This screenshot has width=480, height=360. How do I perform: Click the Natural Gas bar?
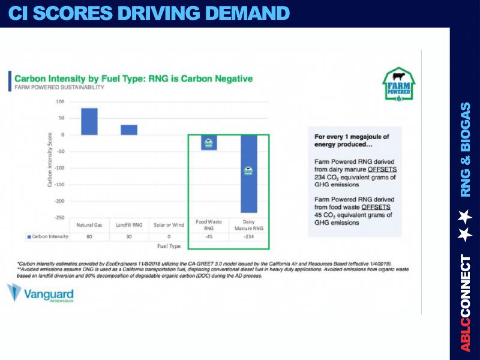tap(89, 121)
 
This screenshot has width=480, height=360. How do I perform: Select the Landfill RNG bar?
tap(129, 130)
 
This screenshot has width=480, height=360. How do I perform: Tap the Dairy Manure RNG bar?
tap(249, 174)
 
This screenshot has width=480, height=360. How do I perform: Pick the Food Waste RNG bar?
tap(209, 142)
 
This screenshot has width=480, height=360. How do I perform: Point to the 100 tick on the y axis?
tap(60, 101)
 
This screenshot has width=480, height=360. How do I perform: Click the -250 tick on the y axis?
tap(59, 217)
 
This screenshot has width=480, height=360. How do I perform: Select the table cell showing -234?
tap(249, 236)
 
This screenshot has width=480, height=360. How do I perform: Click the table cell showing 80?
tap(89, 236)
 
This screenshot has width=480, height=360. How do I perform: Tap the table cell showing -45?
tap(209, 236)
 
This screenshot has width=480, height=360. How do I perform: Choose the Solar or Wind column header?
tap(169, 224)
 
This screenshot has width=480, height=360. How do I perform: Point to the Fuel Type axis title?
tap(169, 246)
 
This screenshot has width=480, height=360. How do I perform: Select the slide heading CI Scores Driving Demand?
tap(148, 13)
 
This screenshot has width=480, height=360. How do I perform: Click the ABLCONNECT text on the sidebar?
tap(466, 303)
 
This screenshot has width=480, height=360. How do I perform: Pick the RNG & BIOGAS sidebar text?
tap(466, 149)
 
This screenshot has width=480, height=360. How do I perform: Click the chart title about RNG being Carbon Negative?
tap(133, 79)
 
